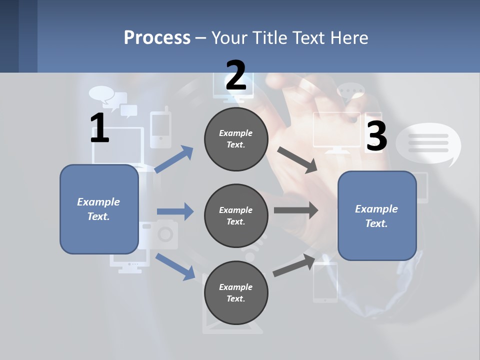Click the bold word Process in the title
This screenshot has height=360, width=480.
pos(157,37)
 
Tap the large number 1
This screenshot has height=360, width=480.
pos(99,128)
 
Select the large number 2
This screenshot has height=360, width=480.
pos(236,75)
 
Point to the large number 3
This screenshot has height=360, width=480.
pos(376,136)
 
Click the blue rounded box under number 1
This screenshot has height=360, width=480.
pos(99,209)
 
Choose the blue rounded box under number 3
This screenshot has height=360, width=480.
pos(377,216)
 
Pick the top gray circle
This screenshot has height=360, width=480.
pos(236,138)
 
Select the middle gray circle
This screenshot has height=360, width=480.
pos(236,215)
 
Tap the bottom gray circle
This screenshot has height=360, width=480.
pos(236,292)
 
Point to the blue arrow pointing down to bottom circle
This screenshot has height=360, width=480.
pos(175,266)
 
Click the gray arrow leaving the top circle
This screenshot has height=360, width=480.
pos(297,160)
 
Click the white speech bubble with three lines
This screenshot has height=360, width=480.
pos(428,143)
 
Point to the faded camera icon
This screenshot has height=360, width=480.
pos(161,233)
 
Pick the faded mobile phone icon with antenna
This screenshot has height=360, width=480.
pos(161,127)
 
